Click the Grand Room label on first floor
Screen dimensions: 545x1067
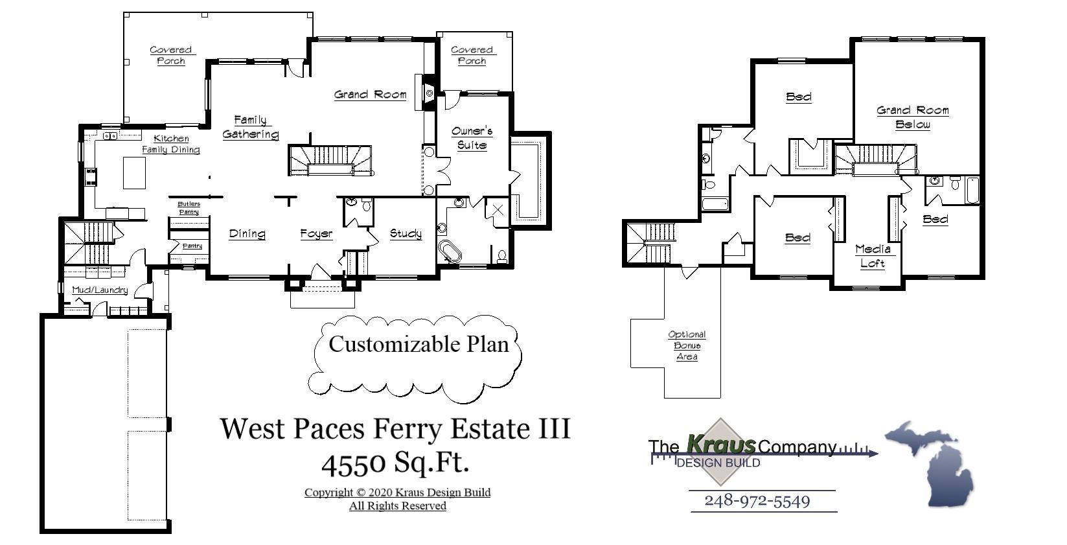coord(370,95)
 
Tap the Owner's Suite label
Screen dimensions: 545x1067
coord(472,138)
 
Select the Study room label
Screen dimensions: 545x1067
coord(406,234)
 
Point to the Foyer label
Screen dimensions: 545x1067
coord(316,234)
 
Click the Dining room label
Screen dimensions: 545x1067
coord(247,234)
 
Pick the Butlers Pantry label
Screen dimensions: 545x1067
coord(189,208)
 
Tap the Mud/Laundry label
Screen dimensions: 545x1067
coord(100,290)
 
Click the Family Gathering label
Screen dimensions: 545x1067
coord(250,127)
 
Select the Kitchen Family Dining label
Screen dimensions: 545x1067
coord(171,144)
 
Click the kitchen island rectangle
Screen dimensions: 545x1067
coord(134,173)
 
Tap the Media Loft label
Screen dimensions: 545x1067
coord(873,257)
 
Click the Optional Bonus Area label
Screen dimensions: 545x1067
coord(687,345)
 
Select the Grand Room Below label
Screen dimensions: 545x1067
coord(913,117)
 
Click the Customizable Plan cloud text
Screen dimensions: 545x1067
coord(419,344)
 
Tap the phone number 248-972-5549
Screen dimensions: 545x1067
coord(757,501)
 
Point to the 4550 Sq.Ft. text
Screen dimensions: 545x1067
coord(395,463)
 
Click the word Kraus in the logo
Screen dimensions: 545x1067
coord(720,445)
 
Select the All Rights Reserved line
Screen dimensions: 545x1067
coord(397,505)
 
